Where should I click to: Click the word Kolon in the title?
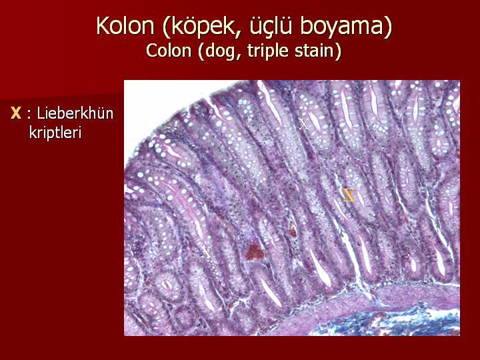coord(125,25)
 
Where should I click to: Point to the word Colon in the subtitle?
coord(169,51)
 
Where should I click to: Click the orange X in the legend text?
coord(16,113)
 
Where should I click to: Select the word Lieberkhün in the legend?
coord(75,113)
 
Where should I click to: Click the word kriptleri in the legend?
coord(55,133)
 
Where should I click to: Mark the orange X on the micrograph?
coord(349,195)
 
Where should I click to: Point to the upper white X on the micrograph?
coord(304,124)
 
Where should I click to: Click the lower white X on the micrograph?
coord(206,252)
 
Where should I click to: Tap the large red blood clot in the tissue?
coord(254,252)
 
